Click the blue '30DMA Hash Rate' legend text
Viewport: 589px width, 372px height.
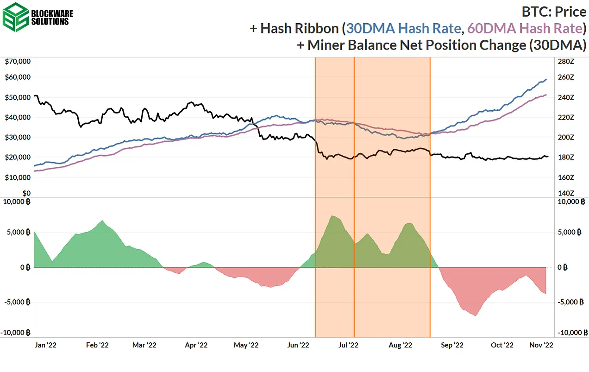tap(403, 28)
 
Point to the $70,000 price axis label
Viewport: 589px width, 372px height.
tap(18, 61)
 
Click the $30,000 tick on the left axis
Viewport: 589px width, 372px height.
tap(18, 137)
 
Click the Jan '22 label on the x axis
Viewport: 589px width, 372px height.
tap(46, 345)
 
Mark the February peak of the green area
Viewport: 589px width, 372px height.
tap(102, 221)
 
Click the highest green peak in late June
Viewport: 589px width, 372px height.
tap(332, 216)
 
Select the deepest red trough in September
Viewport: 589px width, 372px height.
tap(476, 315)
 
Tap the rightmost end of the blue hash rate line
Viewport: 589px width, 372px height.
tap(546, 79)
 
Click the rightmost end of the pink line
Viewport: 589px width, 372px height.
tap(546, 95)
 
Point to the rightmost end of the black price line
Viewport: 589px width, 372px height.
tap(548, 156)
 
